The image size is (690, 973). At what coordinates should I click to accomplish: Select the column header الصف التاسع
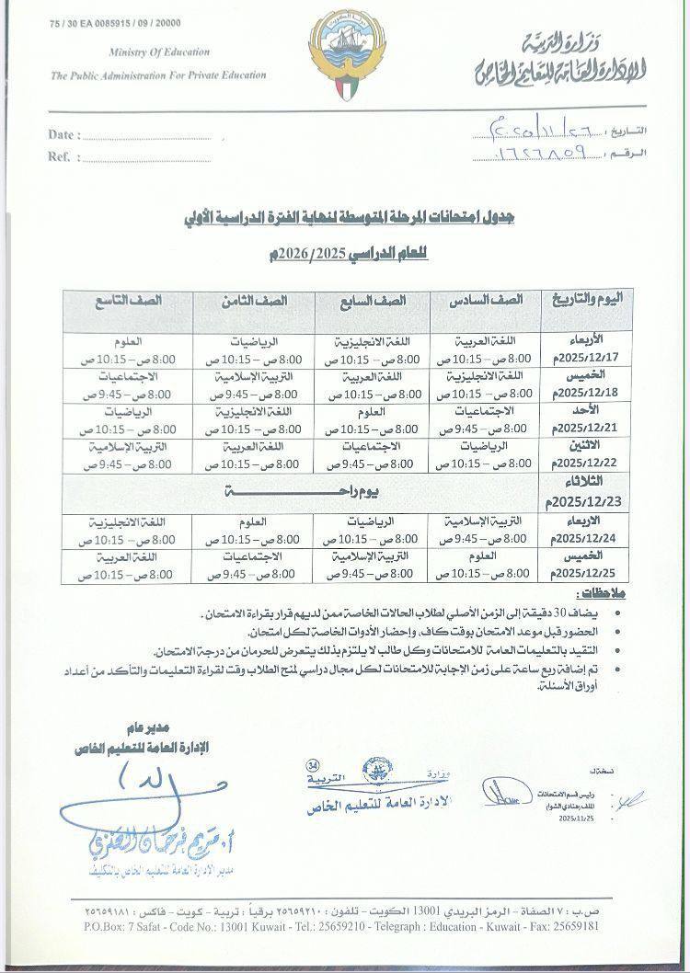point(128,301)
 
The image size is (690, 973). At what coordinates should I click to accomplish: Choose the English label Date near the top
point(60,135)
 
